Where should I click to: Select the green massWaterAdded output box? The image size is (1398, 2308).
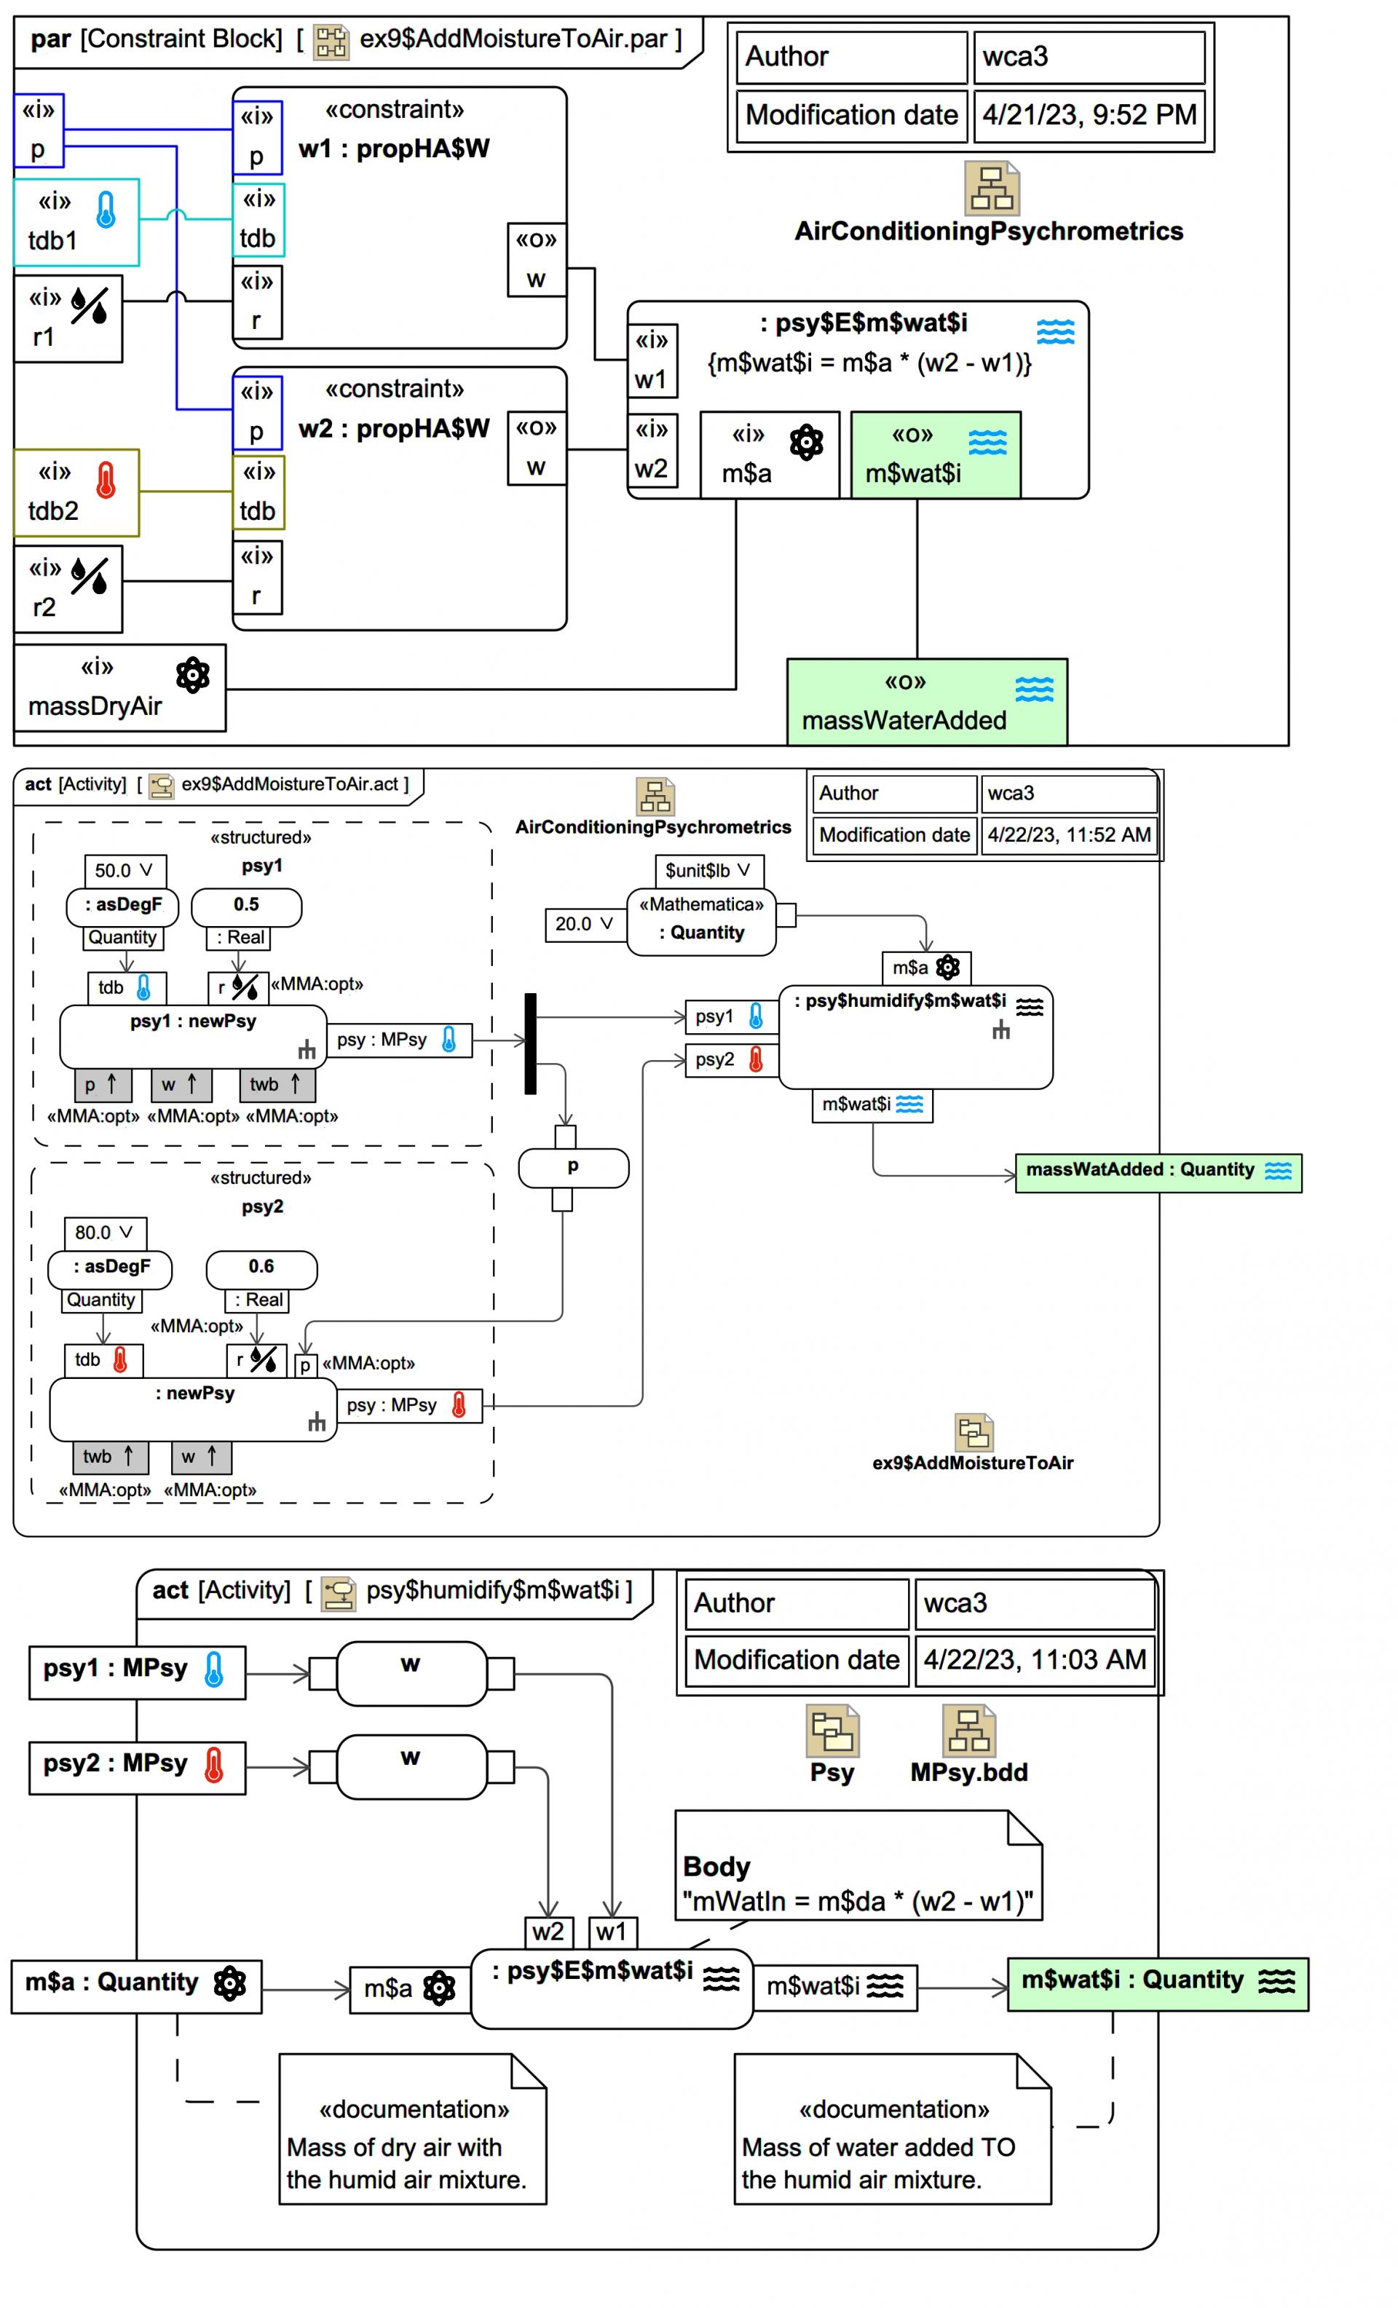pyautogui.click(x=927, y=702)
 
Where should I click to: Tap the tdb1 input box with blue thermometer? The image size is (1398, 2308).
pyautogui.click(x=76, y=222)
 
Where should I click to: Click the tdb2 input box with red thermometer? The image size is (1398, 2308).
pyautogui.click(x=76, y=493)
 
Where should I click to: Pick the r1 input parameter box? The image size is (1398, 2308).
pyautogui.click(x=68, y=318)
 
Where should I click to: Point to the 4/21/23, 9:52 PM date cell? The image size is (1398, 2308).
pyautogui.click(x=1089, y=115)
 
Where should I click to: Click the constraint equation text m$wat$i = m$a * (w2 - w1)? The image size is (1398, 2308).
pyautogui.click(x=869, y=363)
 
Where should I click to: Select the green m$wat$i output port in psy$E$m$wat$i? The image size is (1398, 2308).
pyautogui.click(x=935, y=454)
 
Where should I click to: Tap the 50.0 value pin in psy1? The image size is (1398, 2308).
pyautogui.click(x=125, y=871)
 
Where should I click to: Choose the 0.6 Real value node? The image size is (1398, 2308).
pyautogui.click(x=261, y=1269)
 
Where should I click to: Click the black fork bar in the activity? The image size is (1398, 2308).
pyautogui.click(x=530, y=1043)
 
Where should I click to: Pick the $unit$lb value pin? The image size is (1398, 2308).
pyautogui.click(x=708, y=871)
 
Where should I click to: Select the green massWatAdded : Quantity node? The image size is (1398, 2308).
pyautogui.click(x=1158, y=1171)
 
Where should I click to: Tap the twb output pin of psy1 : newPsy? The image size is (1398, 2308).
pyautogui.click(x=277, y=1085)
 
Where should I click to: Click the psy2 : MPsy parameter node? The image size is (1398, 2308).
pyautogui.click(x=137, y=1768)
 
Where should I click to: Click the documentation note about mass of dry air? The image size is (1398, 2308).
pyautogui.click(x=412, y=2129)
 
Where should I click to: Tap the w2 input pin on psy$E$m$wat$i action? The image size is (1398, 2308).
pyautogui.click(x=548, y=1932)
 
